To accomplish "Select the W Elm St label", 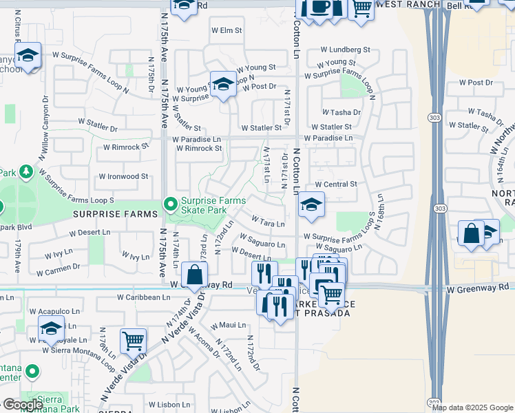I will (227, 30).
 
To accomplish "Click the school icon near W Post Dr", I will (222, 85).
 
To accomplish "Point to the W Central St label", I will (336, 184).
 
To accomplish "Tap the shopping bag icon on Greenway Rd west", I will (195, 276).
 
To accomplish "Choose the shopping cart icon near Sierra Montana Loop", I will (133, 341).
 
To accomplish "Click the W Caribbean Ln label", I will (143, 297).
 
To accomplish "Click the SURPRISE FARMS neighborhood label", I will (116, 215).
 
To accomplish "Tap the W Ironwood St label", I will (123, 176).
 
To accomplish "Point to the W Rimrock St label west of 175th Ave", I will (126, 147).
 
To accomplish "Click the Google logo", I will (23, 405).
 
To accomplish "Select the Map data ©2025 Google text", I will (472, 407).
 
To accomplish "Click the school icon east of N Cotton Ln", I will (311, 206).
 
